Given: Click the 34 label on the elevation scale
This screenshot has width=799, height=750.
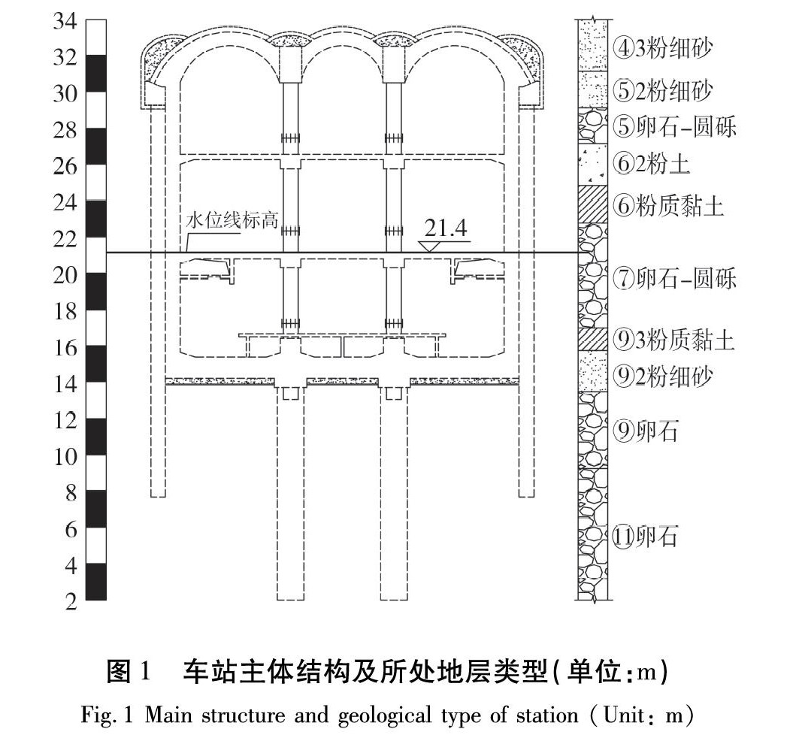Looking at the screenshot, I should (64, 21).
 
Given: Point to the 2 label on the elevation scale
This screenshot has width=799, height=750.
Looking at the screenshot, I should (70, 603).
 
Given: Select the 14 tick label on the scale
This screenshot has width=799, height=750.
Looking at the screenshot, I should (64, 385).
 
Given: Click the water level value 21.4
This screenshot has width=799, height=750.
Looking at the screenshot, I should (444, 228).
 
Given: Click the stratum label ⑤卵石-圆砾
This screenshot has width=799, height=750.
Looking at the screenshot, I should (674, 127).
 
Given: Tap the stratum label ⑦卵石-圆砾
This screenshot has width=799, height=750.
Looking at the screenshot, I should (674, 279).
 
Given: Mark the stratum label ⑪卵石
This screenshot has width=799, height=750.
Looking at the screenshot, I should (647, 537).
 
